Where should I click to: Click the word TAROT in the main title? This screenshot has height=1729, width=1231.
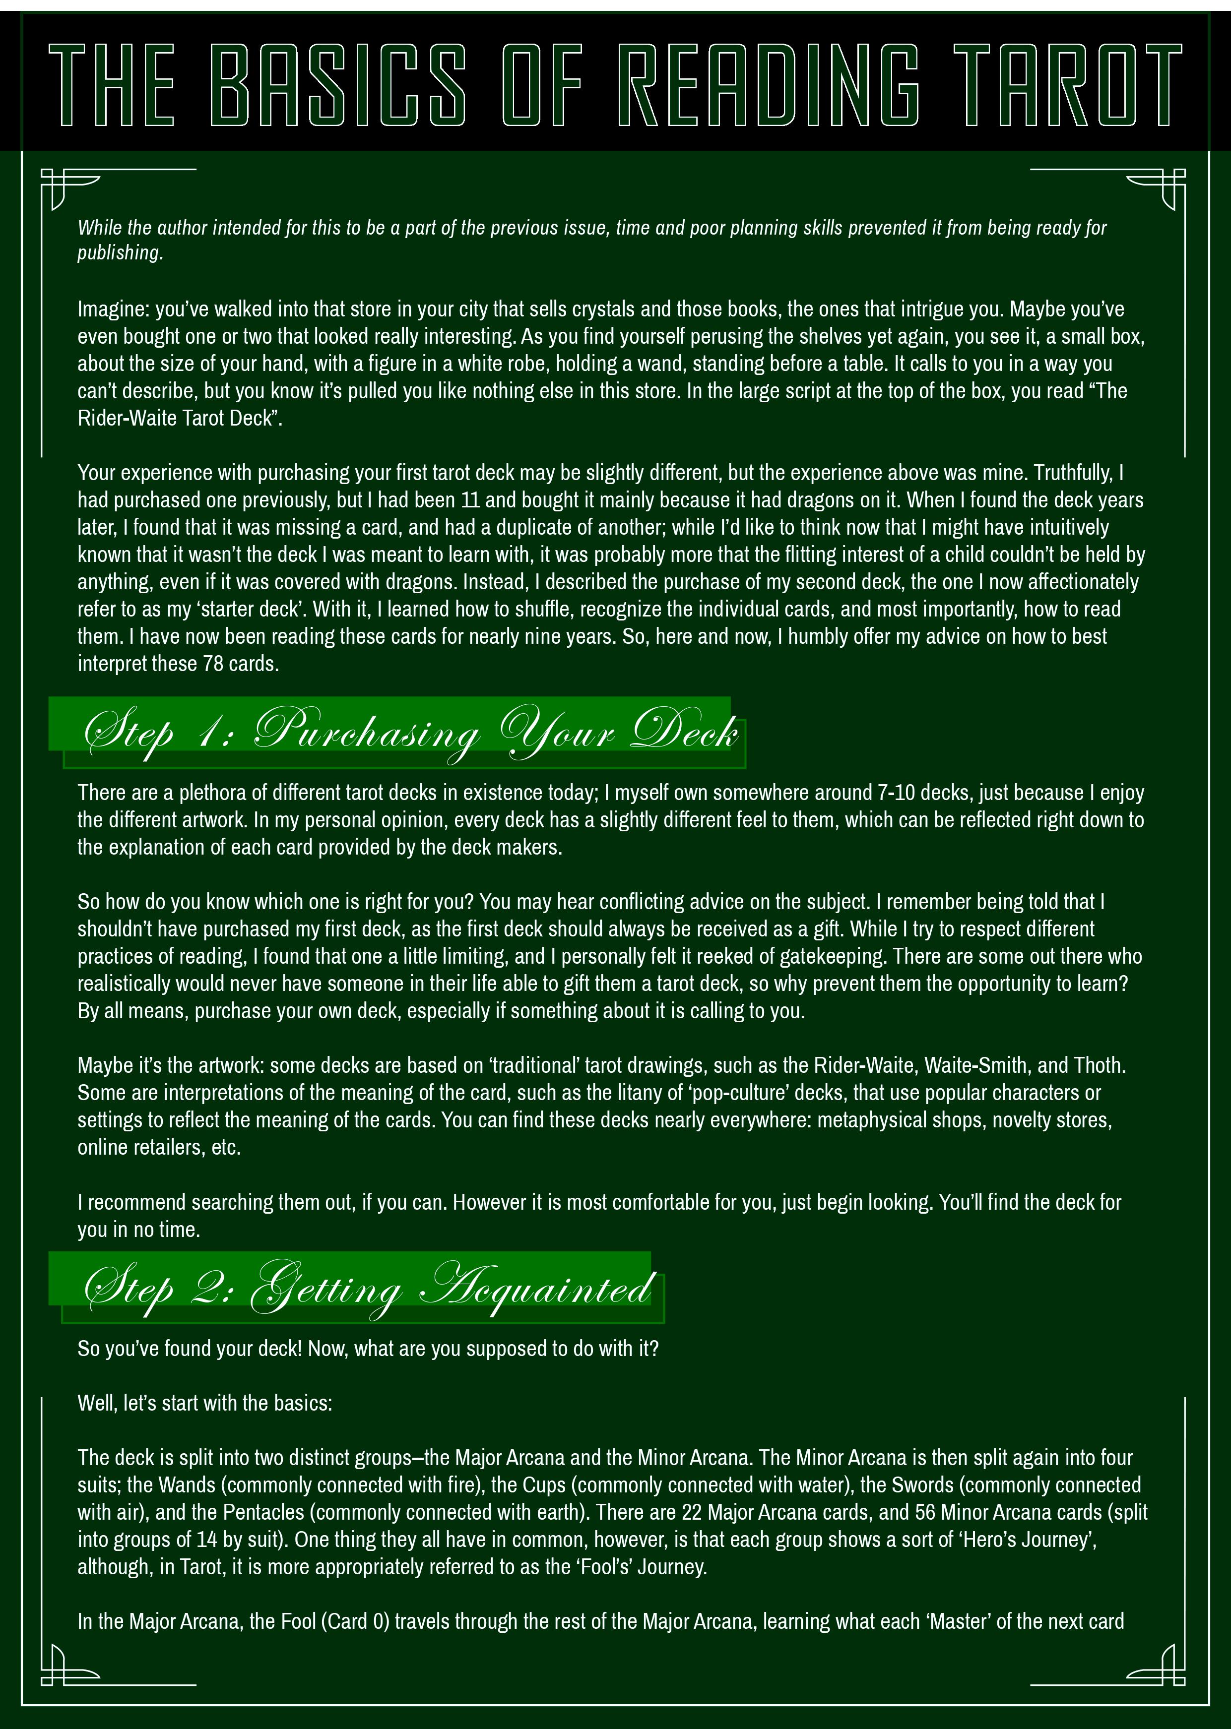click(x=1067, y=85)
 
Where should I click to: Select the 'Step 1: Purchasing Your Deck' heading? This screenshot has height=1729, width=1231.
click(x=409, y=733)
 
